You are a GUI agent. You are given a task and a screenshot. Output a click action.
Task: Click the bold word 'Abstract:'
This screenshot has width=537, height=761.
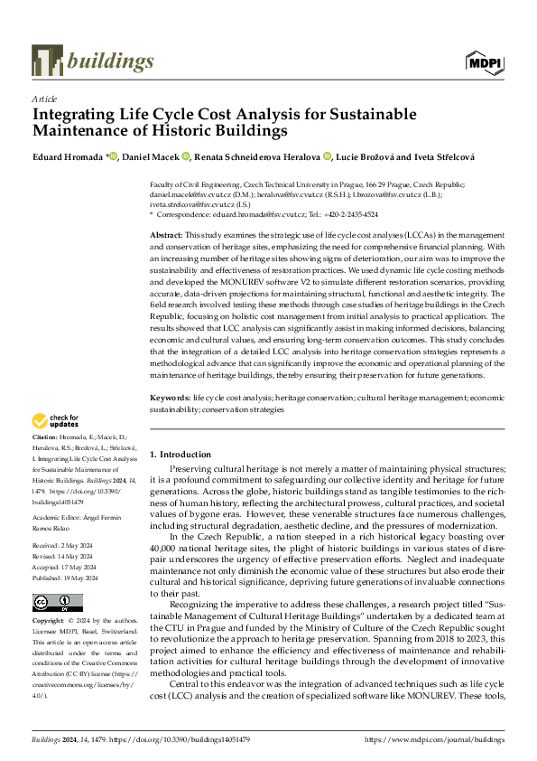[169, 234]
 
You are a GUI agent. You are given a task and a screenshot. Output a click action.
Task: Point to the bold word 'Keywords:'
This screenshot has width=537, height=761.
[171, 397]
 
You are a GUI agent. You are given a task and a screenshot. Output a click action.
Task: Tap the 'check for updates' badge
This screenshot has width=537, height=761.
[56, 420]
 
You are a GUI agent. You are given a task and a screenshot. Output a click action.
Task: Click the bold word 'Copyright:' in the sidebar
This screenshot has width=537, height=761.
[51, 597]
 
